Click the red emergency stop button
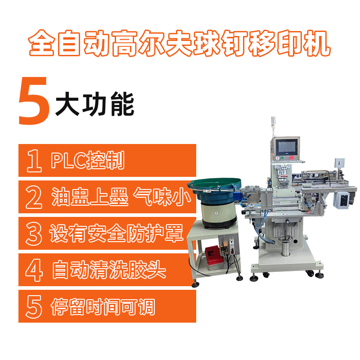pos(292,157)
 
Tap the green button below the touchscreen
pos(283,158)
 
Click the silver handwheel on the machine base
pos(286,239)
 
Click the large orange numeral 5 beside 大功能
pos(34,101)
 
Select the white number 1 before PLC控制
pos(34,161)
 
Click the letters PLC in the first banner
pos(68,161)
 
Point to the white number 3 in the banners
pos(34,234)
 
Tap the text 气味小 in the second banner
pos(162,197)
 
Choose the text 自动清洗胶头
pos(109,270)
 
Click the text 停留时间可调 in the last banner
pos(103,306)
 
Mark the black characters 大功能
pos(94,104)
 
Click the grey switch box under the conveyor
pos(342,200)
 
